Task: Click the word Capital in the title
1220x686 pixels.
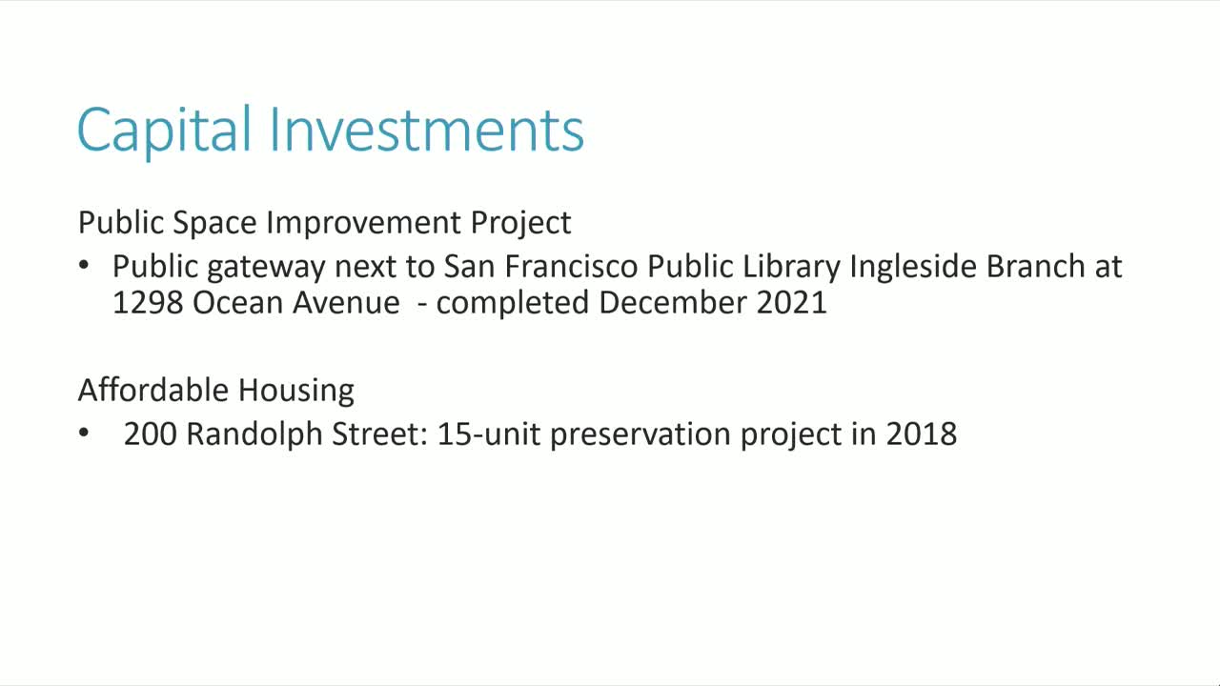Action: [164, 130]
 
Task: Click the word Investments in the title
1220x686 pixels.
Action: [426, 130]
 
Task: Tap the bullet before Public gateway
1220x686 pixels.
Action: [85, 266]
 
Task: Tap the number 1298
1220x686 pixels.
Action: [148, 302]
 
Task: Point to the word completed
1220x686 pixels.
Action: [513, 303]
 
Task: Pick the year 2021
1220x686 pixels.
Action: [791, 302]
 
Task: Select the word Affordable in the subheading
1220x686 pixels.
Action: [153, 390]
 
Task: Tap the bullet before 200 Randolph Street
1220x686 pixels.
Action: [85, 434]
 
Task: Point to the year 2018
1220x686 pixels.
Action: [921, 434]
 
